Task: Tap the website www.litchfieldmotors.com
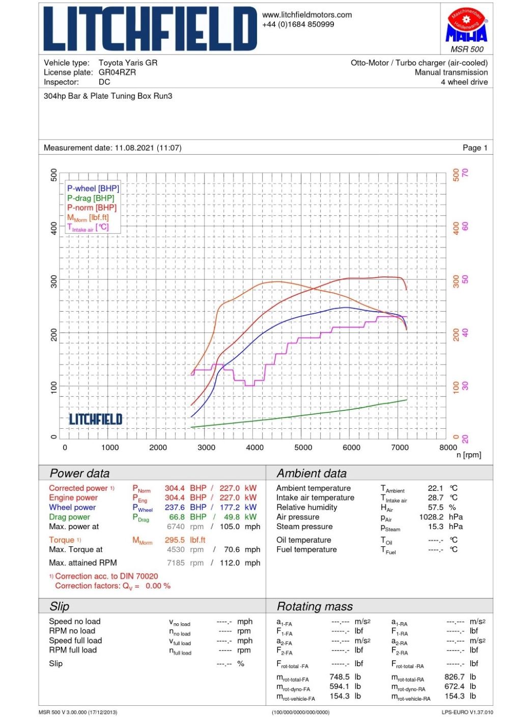pos(307,15)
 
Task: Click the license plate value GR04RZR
pos(117,72)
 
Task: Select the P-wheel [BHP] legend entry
pos(93,188)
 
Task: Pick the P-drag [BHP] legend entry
pos(91,198)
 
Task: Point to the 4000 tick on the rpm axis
pos(254,448)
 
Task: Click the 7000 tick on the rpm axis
pos(400,448)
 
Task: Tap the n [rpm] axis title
pos(468,455)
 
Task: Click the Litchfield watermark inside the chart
pos(96,419)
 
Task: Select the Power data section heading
pos(79,473)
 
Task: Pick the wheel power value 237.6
pos(175,507)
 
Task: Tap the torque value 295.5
pos(175,540)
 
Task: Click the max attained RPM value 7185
pos(176,563)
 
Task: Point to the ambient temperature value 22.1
pos(435,488)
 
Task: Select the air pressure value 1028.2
pos(431,517)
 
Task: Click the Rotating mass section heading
pos(315,606)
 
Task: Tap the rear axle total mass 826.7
pos(454,677)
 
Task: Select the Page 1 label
pos(475,148)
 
